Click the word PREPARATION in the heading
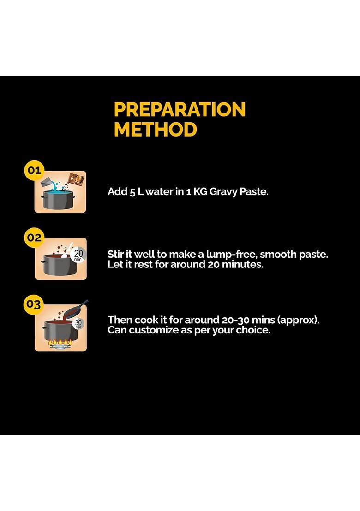tap(180, 109)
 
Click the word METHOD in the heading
tap(156, 130)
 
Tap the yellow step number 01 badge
tap(34, 170)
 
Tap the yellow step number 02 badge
tap(34, 237)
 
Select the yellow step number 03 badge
tap(34, 304)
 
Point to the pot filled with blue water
tap(57, 199)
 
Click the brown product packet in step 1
tap(76, 180)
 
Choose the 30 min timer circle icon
tap(78, 323)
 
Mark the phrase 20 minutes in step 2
tap(235, 264)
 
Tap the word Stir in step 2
tap(115, 254)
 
